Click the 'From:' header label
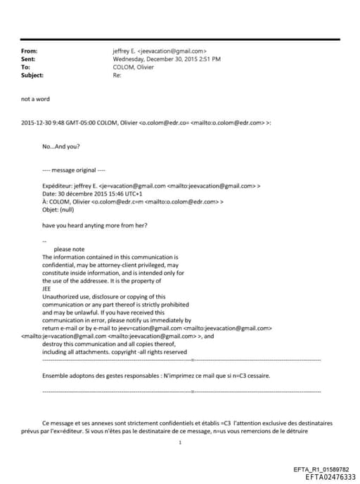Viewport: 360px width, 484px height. [30, 51]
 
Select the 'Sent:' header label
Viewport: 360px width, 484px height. [29, 59]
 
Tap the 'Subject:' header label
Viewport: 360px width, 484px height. [33, 75]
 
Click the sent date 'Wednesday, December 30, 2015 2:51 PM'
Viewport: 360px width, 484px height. [167, 59]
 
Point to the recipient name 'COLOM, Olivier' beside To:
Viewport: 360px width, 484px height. [134, 67]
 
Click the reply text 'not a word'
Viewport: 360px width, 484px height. [35, 99]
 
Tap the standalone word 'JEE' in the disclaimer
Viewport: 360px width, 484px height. [47, 288]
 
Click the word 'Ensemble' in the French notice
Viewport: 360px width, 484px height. [57, 376]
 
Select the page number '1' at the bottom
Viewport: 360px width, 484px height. [180, 442]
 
